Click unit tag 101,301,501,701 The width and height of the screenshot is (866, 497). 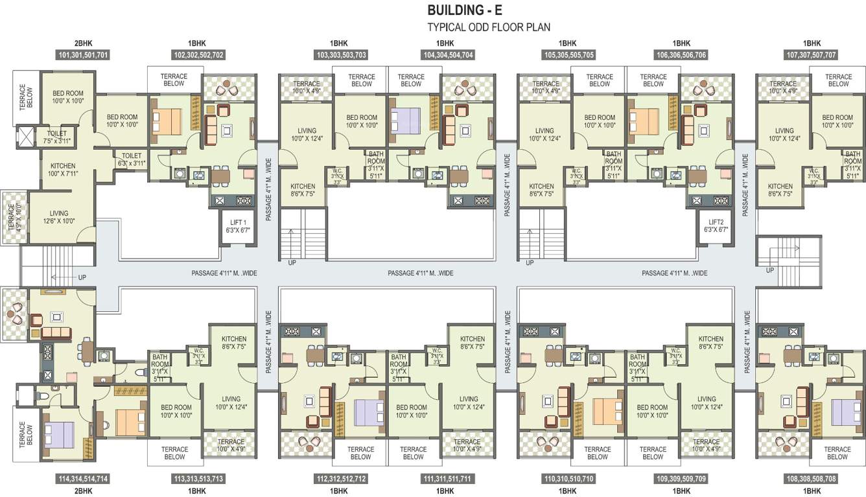coord(84,55)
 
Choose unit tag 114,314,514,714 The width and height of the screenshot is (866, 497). coord(84,479)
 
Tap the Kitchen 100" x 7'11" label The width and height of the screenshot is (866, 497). coord(63,170)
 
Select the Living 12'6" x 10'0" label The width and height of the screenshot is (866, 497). coord(59,217)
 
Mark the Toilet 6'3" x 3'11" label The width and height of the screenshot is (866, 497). coord(132,159)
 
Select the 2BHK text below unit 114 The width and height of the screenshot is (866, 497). coord(84,491)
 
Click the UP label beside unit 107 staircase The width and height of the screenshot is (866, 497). coord(770,270)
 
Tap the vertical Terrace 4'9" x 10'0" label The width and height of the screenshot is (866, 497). coord(11,217)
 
